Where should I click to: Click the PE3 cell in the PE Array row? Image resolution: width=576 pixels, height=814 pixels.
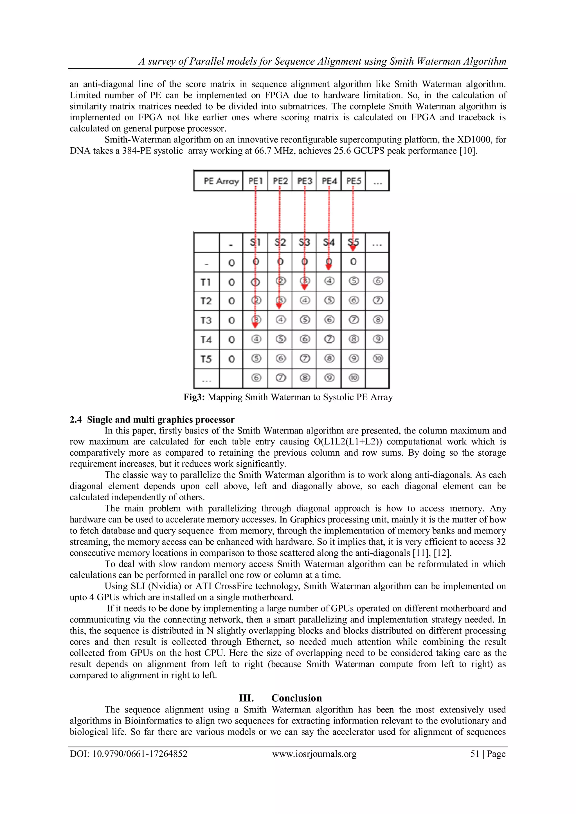[304, 181]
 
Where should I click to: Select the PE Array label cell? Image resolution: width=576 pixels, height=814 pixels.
[221, 181]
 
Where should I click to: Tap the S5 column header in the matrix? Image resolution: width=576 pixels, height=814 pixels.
[353, 242]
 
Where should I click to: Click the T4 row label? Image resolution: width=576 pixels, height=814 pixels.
[206, 340]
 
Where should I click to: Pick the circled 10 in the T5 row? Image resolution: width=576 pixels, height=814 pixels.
[378, 358]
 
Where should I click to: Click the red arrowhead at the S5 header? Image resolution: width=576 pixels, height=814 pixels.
[353, 248]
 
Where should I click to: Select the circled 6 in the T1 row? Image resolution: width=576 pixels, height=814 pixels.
[378, 281]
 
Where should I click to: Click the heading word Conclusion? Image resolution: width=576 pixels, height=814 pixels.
[296, 698]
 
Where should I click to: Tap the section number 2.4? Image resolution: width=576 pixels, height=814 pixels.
[76, 419]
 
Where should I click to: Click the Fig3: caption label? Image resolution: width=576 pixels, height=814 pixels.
[194, 397]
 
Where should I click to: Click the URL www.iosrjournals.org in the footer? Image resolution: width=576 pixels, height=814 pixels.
[314, 754]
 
